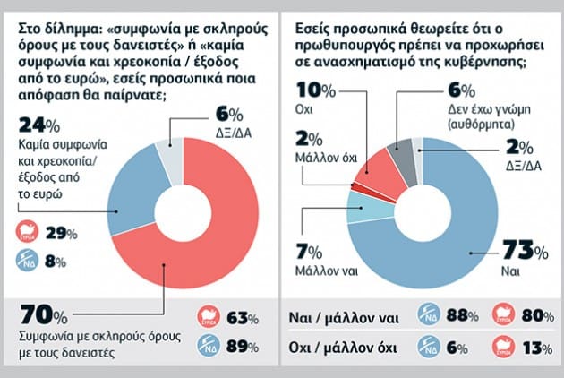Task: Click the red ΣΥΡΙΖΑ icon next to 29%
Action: (31, 232)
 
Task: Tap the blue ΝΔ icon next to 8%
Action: (31, 262)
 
